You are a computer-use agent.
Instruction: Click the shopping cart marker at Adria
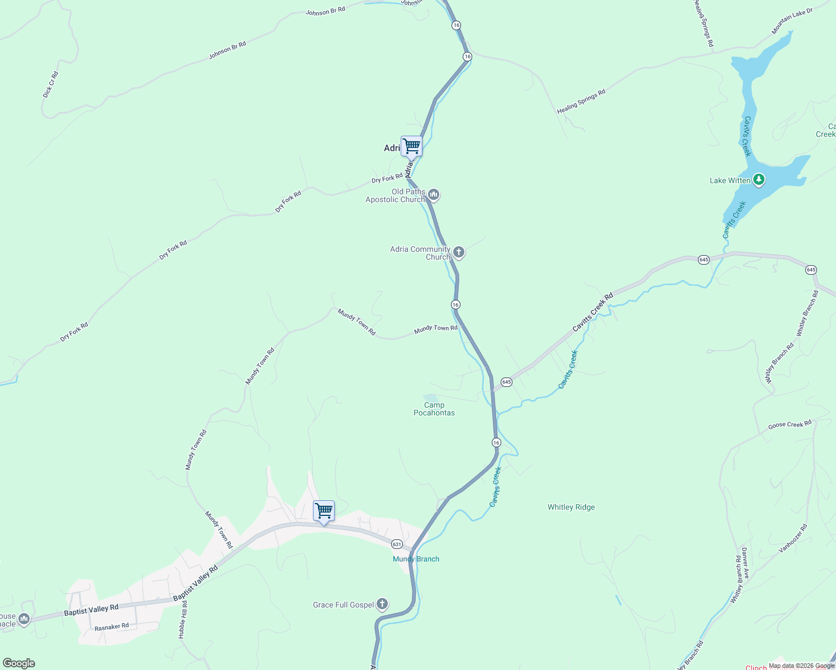click(x=411, y=146)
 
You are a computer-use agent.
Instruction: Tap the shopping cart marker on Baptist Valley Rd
click(x=324, y=511)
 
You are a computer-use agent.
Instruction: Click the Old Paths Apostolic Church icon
click(x=434, y=195)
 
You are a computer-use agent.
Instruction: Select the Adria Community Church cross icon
click(x=459, y=252)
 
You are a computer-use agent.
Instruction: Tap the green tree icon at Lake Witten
click(x=758, y=180)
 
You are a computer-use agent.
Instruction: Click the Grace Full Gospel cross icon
click(x=382, y=604)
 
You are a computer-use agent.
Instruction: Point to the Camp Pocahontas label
click(x=434, y=409)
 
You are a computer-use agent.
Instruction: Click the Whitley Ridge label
click(x=571, y=507)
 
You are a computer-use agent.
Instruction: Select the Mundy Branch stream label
click(x=416, y=559)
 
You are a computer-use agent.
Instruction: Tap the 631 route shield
click(x=397, y=544)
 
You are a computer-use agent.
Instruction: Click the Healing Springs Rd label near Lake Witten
click(x=581, y=102)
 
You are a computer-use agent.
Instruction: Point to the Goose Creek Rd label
click(x=790, y=425)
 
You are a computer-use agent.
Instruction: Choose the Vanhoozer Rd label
click(x=793, y=538)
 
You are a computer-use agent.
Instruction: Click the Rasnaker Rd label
click(x=112, y=627)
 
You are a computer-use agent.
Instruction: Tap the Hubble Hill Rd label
click(x=183, y=620)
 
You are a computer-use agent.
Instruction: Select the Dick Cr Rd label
click(x=50, y=84)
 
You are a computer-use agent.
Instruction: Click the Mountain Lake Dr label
click(x=792, y=21)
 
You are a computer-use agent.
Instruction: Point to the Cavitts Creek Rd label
click(x=592, y=312)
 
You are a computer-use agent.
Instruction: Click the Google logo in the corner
click(x=19, y=663)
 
